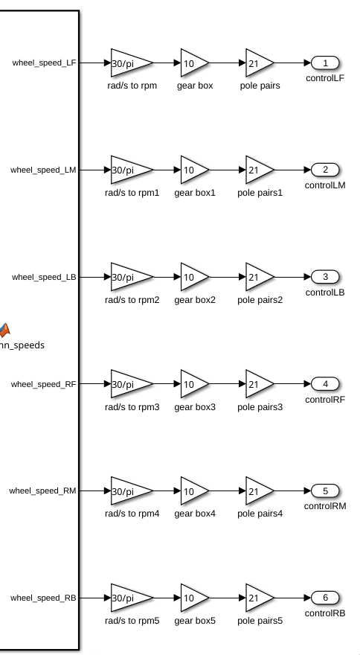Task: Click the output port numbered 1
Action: [x=325, y=63]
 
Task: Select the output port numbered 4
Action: [x=325, y=383]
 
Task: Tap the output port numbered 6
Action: [x=325, y=598]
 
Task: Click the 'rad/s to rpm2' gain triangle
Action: [x=132, y=277]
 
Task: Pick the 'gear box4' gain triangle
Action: [x=195, y=491]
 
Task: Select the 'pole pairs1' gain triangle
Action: [x=260, y=170]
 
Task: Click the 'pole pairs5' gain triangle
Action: [x=260, y=598]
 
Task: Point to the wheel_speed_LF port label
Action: [x=45, y=63]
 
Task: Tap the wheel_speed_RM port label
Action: [x=42, y=491]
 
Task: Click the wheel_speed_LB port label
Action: [x=44, y=277]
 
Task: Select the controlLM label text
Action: [x=325, y=185]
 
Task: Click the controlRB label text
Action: [x=325, y=613]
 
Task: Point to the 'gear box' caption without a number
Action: [x=195, y=86]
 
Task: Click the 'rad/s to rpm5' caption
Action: [x=132, y=621]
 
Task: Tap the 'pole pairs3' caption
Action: [x=260, y=407]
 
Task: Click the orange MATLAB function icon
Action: [x=4, y=330]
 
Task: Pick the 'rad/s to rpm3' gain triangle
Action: [x=132, y=383]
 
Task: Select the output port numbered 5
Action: [x=325, y=491]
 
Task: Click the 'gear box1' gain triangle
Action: [x=195, y=170]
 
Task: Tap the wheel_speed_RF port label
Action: [x=43, y=384]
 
